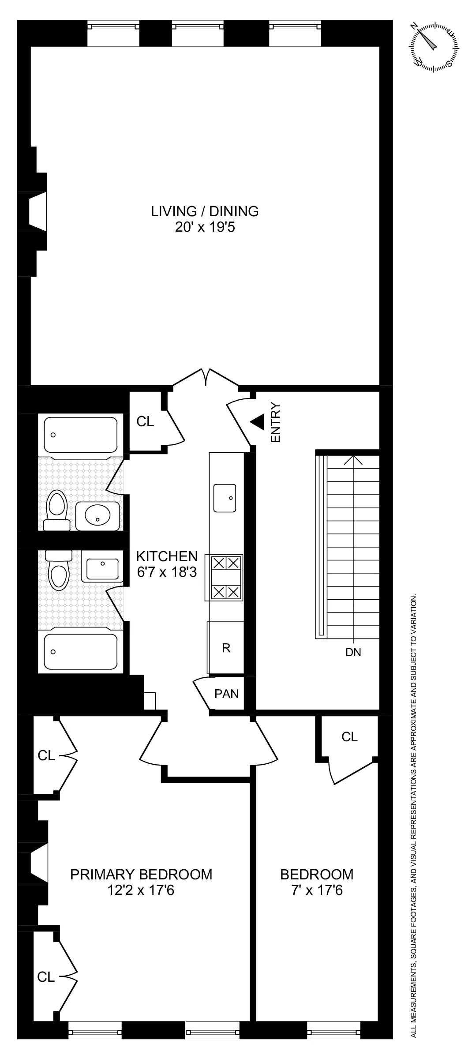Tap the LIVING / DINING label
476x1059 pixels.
pyautogui.click(x=205, y=211)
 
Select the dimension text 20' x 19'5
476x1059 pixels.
pyautogui.click(x=205, y=228)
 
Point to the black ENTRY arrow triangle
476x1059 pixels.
pyautogui.click(x=258, y=422)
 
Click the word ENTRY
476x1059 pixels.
pyautogui.click(x=276, y=422)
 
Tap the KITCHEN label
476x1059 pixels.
pyautogui.click(x=167, y=556)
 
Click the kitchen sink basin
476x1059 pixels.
pyautogui.click(x=225, y=498)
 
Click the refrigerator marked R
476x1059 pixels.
pyautogui.click(x=226, y=648)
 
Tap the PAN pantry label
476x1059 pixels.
pyautogui.click(x=226, y=693)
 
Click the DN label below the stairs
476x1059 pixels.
pyautogui.click(x=353, y=652)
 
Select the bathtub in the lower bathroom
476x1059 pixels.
pyautogui.click(x=78, y=651)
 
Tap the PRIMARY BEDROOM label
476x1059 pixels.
pyautogui.click(x=141, y=874)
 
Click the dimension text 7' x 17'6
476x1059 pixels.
pyautogui.click(x=317, y=890)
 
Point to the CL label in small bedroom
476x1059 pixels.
pyautogui.click(x=349, y=736)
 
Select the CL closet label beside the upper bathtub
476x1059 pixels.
pyautogui.click(x=145, y=422)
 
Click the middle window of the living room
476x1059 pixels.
pyautogui.click(x=205, y=26)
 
